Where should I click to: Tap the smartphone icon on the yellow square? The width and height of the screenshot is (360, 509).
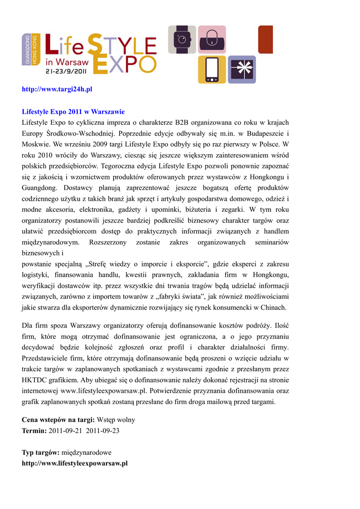click(212, 70)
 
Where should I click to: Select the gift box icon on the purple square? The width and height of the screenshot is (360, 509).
click(242, 70)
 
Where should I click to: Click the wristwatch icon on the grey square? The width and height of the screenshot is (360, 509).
click(182, 40)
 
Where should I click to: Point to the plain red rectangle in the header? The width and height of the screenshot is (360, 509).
click(266, 40)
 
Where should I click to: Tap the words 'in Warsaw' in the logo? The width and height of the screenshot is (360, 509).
click(67, 62)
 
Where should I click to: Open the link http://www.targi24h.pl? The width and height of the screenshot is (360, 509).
click(57, 89)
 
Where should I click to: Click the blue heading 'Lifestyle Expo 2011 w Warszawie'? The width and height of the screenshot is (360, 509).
click(73, 111)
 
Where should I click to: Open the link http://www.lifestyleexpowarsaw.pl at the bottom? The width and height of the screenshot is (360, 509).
click(75, 463)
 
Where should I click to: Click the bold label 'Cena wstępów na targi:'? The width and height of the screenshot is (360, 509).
click(58, 420)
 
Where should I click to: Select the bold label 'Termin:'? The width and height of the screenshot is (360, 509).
click(34, 430)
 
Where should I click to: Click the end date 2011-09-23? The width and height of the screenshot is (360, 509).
click(102, 430)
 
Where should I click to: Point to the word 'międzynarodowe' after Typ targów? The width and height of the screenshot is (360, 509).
click(87, 452)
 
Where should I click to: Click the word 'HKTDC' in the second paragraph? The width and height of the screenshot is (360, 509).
click(34, 380)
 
